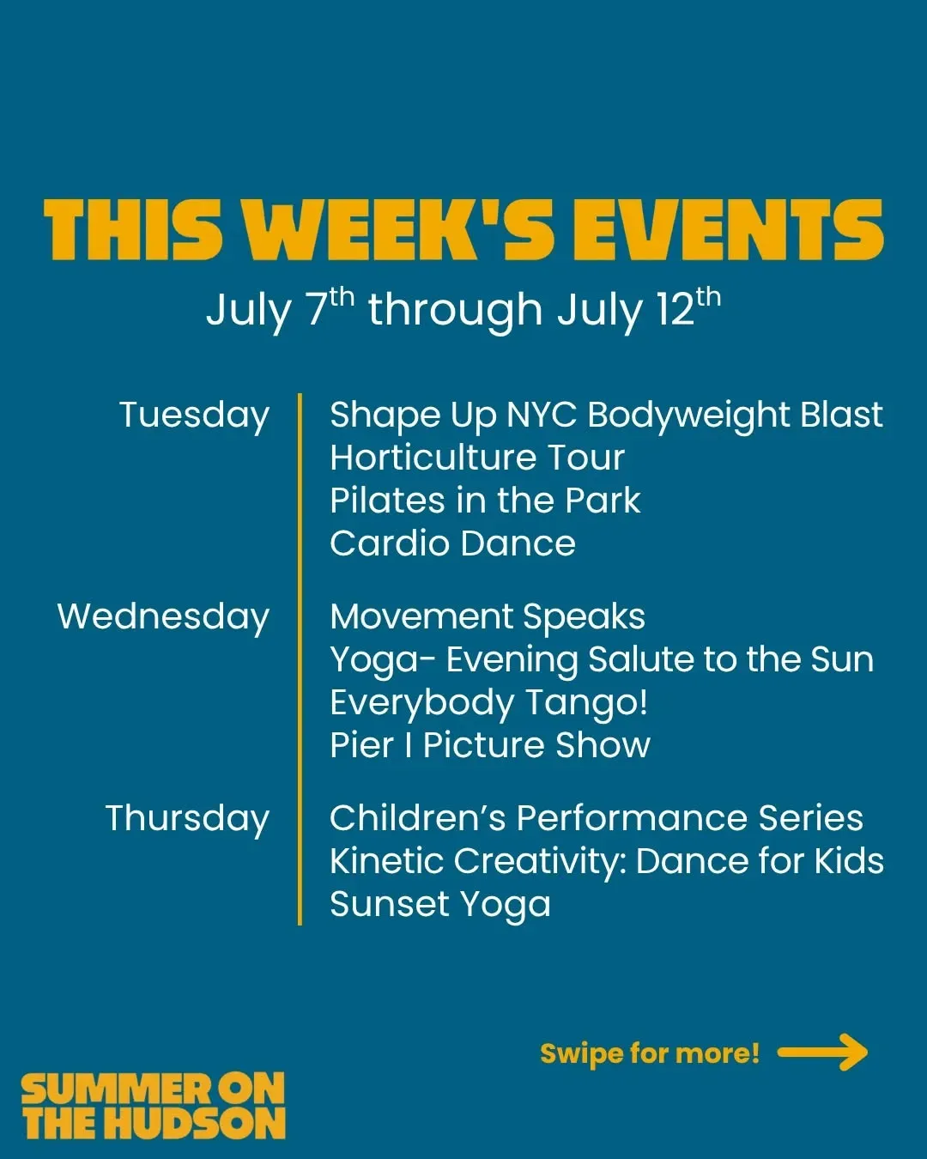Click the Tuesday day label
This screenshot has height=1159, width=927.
(x=194, y=417)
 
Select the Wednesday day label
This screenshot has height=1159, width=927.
(x=163, y=618)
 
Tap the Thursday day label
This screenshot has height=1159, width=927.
(x=187, y=820)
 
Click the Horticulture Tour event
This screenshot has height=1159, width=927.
(x=477, y=458)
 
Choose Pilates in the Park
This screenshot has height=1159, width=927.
(x=485, y=501)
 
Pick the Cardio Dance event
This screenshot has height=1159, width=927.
(x=453, y=543)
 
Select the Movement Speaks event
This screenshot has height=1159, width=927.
(x=488, y=617)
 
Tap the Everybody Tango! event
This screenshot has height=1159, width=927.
(x=489, y=704)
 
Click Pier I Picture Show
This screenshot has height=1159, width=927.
(x=490, y=745)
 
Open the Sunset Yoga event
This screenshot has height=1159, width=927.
(x=440, y=906)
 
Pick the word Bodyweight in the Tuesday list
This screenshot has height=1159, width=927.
(x=688, y=417)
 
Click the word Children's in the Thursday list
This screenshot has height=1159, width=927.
(x=418, y=819)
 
